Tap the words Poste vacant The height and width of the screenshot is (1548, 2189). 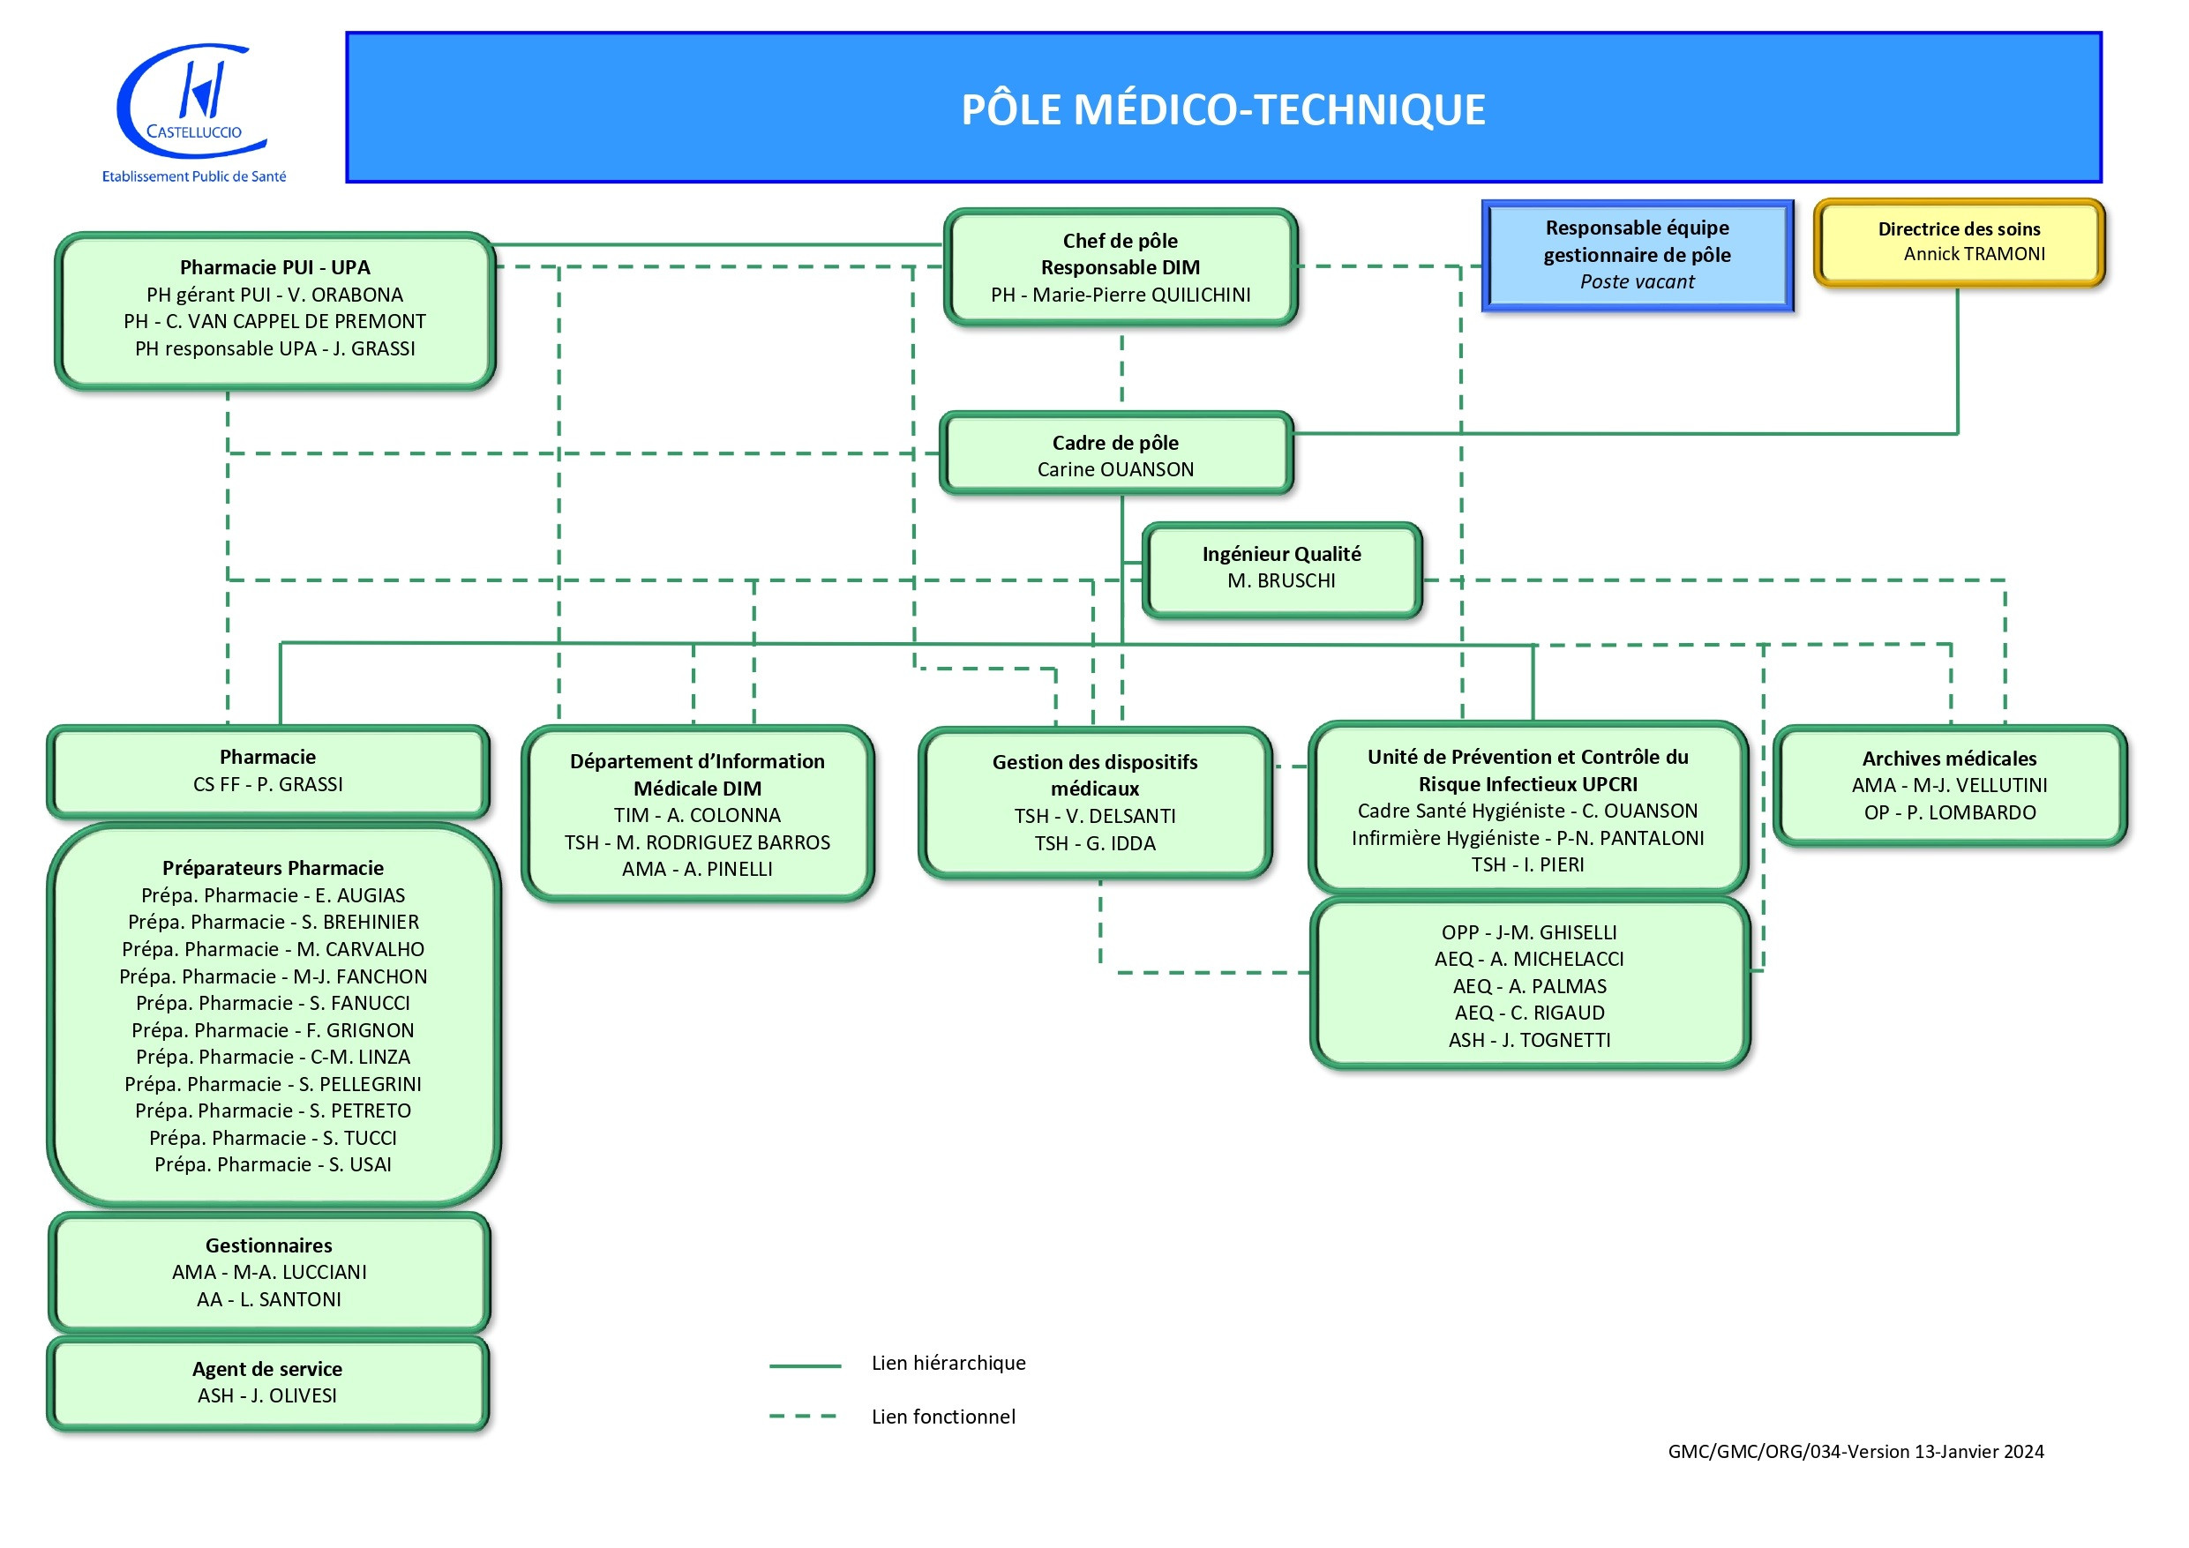click(1637, 282)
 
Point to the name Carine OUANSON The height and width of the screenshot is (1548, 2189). click(1115, 470)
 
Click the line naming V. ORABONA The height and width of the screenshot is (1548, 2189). click(274, 295)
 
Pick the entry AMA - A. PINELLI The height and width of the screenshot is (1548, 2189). click(697, 870)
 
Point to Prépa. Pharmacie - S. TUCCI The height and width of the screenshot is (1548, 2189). click(273, 1138)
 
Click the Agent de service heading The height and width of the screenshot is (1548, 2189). click(267, 1369)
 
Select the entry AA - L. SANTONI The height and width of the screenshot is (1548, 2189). click(268, 1300)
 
